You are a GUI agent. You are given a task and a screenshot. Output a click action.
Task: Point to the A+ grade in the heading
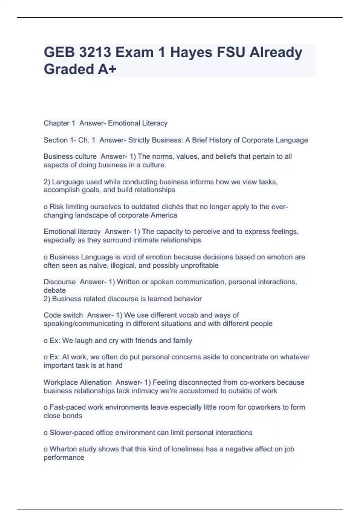107,69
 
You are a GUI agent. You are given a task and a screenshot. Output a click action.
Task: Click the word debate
55,290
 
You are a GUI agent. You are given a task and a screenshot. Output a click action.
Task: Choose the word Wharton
63,449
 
